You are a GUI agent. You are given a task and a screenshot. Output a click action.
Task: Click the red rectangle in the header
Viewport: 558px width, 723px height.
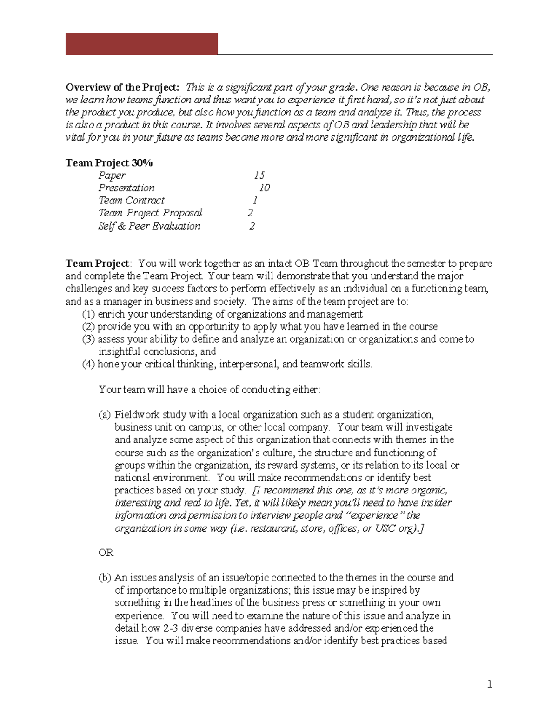click(x=141, y=44)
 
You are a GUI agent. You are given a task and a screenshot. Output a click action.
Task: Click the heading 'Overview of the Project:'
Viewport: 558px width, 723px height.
click(x=122, y=88)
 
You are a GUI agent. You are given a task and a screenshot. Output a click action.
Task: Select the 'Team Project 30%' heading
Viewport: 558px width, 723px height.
click(x=109, y=163)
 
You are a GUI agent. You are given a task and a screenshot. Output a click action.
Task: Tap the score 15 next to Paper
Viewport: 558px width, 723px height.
click(x=259, y=176)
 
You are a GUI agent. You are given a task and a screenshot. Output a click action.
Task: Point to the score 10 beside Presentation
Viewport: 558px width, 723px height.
click(x=264, y=188)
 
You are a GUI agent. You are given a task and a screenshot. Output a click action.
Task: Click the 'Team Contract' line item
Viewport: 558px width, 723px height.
click(x=131, y=201)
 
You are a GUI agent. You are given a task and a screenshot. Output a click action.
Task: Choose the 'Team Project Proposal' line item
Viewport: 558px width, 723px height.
click(x=150, y=213)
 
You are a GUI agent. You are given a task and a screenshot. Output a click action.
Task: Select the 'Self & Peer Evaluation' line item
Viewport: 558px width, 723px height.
click(x=149, y=226)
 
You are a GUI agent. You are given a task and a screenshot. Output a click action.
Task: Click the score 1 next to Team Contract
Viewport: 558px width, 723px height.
click(x=255, y=201)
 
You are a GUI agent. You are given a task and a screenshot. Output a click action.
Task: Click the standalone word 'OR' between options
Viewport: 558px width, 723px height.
click(x=106, y=553)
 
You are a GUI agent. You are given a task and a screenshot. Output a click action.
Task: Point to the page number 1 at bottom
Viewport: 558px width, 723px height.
click(x=489, y=684)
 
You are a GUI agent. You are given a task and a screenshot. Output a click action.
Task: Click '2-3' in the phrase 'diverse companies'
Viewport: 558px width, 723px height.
click(x=171, y=628)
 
